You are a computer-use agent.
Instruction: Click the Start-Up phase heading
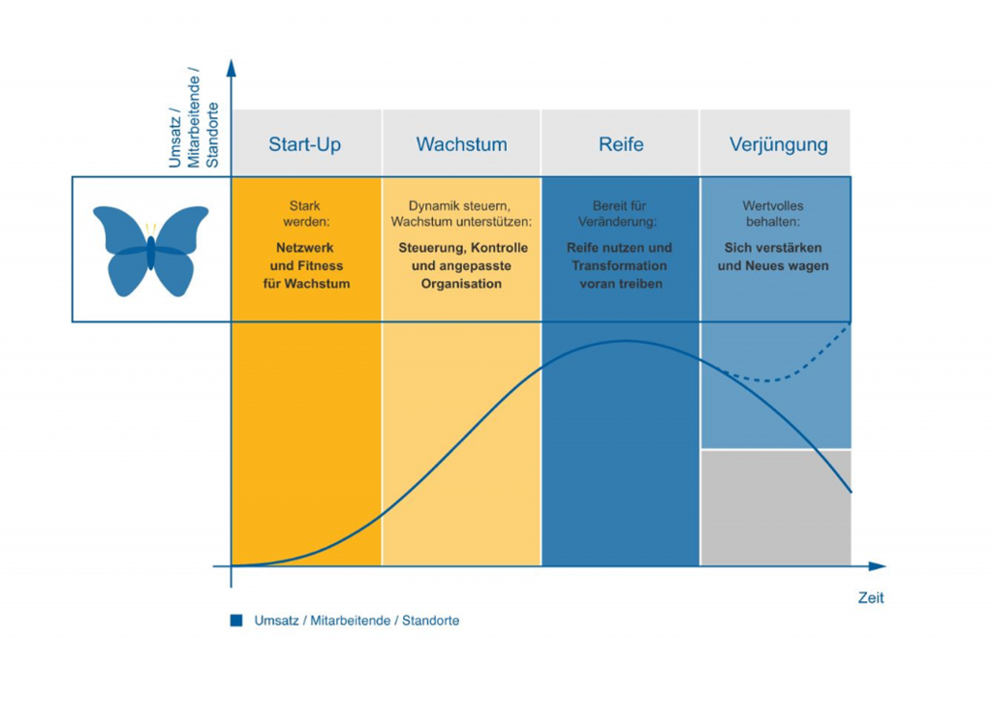(x=305, y=144)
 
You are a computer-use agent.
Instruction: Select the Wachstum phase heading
(x=461, y=144)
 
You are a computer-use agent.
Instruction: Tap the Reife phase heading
(x=620, y=144)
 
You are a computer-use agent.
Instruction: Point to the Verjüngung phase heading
(x=778, y=144)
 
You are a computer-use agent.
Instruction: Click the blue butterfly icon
(x=150, y=250)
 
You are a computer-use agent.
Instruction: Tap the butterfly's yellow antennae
(x=150, y=229)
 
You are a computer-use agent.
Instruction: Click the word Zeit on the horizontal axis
(x=871, y=598)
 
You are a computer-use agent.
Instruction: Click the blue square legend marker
(x=236, y=621)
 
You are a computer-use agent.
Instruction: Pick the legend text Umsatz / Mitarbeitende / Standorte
(x=356, y=621)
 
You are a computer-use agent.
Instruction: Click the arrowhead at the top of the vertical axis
(x=231, y=68)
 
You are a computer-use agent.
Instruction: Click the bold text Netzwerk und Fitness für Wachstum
(x=305, y=265)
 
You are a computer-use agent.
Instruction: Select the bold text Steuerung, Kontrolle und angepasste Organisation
(x=462, y=265)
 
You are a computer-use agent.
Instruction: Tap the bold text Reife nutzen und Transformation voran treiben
(x=619, y=265)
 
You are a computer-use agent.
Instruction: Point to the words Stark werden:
(x=305, y=214)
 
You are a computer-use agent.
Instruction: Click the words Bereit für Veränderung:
(x=619, y=214)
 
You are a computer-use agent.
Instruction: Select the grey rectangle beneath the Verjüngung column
(x=776, y=508)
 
